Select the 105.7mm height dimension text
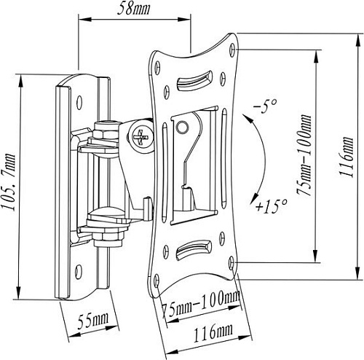10,179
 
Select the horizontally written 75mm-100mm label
200,299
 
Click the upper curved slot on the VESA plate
199,77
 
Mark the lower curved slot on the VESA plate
195,251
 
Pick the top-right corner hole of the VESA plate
232,48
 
